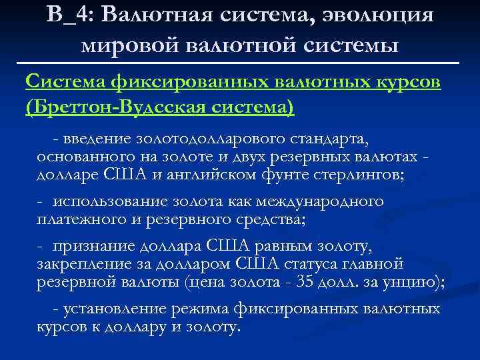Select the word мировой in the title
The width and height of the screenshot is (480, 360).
(x=119, y=45)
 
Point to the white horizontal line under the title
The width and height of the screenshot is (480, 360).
(x=240, y=63)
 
